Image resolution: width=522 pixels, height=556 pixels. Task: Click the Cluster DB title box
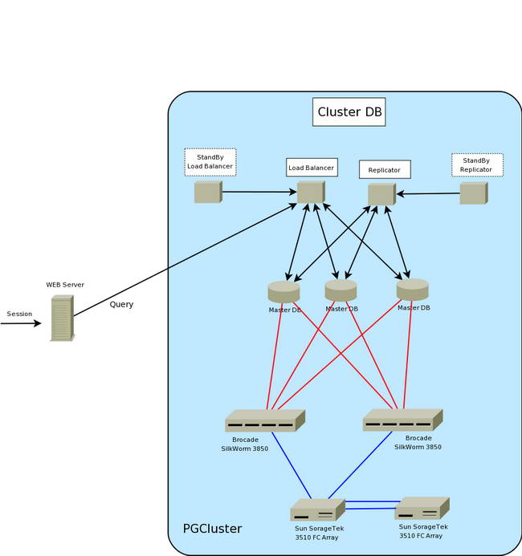point(349,112)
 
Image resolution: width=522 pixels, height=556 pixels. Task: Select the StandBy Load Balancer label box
point(210,162)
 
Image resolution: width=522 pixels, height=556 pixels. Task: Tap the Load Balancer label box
point(312,168)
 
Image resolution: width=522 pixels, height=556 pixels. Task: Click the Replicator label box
point(385,170)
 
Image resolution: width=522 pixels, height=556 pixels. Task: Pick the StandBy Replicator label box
point(477,165)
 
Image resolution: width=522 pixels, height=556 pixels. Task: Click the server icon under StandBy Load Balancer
point(207,193)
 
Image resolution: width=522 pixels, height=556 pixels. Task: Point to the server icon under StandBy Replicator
point(473,193)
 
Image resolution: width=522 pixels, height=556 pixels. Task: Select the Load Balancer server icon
point(310,193)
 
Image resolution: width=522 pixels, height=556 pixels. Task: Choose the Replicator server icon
point(381,194)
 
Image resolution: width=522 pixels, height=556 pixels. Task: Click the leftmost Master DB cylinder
point(283,291)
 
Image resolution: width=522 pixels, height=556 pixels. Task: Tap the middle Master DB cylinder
point(341,290)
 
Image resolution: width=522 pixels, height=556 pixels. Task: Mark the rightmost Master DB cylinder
point(412,289)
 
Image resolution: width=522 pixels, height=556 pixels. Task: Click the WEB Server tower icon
point(62,319)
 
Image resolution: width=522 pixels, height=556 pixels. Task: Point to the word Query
point(122,305)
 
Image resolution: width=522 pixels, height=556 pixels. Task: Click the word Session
point(19,314)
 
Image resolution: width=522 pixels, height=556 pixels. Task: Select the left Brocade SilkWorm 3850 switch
point(264,421)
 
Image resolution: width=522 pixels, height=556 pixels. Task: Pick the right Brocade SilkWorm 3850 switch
point(402,420)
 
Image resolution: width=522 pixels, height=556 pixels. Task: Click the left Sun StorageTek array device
point(317,510)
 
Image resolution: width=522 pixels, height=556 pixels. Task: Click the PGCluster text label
point(212,529)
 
